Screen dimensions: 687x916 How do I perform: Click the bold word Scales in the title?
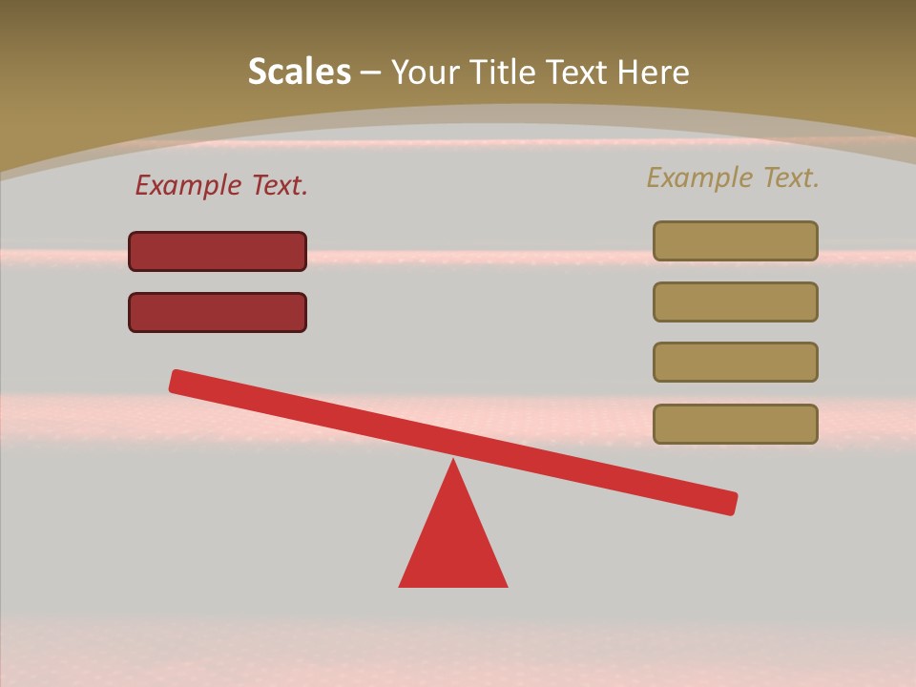coord(299,72)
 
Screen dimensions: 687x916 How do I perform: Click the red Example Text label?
coord(221,185)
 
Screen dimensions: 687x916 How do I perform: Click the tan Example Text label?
coord(733,177)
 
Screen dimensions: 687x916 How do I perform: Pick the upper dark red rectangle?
coord(218,251)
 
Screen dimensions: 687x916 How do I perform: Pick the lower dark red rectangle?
coord(218,312)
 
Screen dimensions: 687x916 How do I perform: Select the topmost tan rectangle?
coord(735,240)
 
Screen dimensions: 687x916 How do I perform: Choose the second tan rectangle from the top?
coord(735,302)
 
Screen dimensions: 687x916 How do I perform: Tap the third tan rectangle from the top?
coord(735,362)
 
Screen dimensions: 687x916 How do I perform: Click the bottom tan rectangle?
coord(735,424)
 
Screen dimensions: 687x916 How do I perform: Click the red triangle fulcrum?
coord(453,544)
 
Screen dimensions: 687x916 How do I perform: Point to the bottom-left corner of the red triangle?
coord(401,585)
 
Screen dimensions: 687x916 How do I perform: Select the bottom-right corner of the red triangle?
coord(506,585)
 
